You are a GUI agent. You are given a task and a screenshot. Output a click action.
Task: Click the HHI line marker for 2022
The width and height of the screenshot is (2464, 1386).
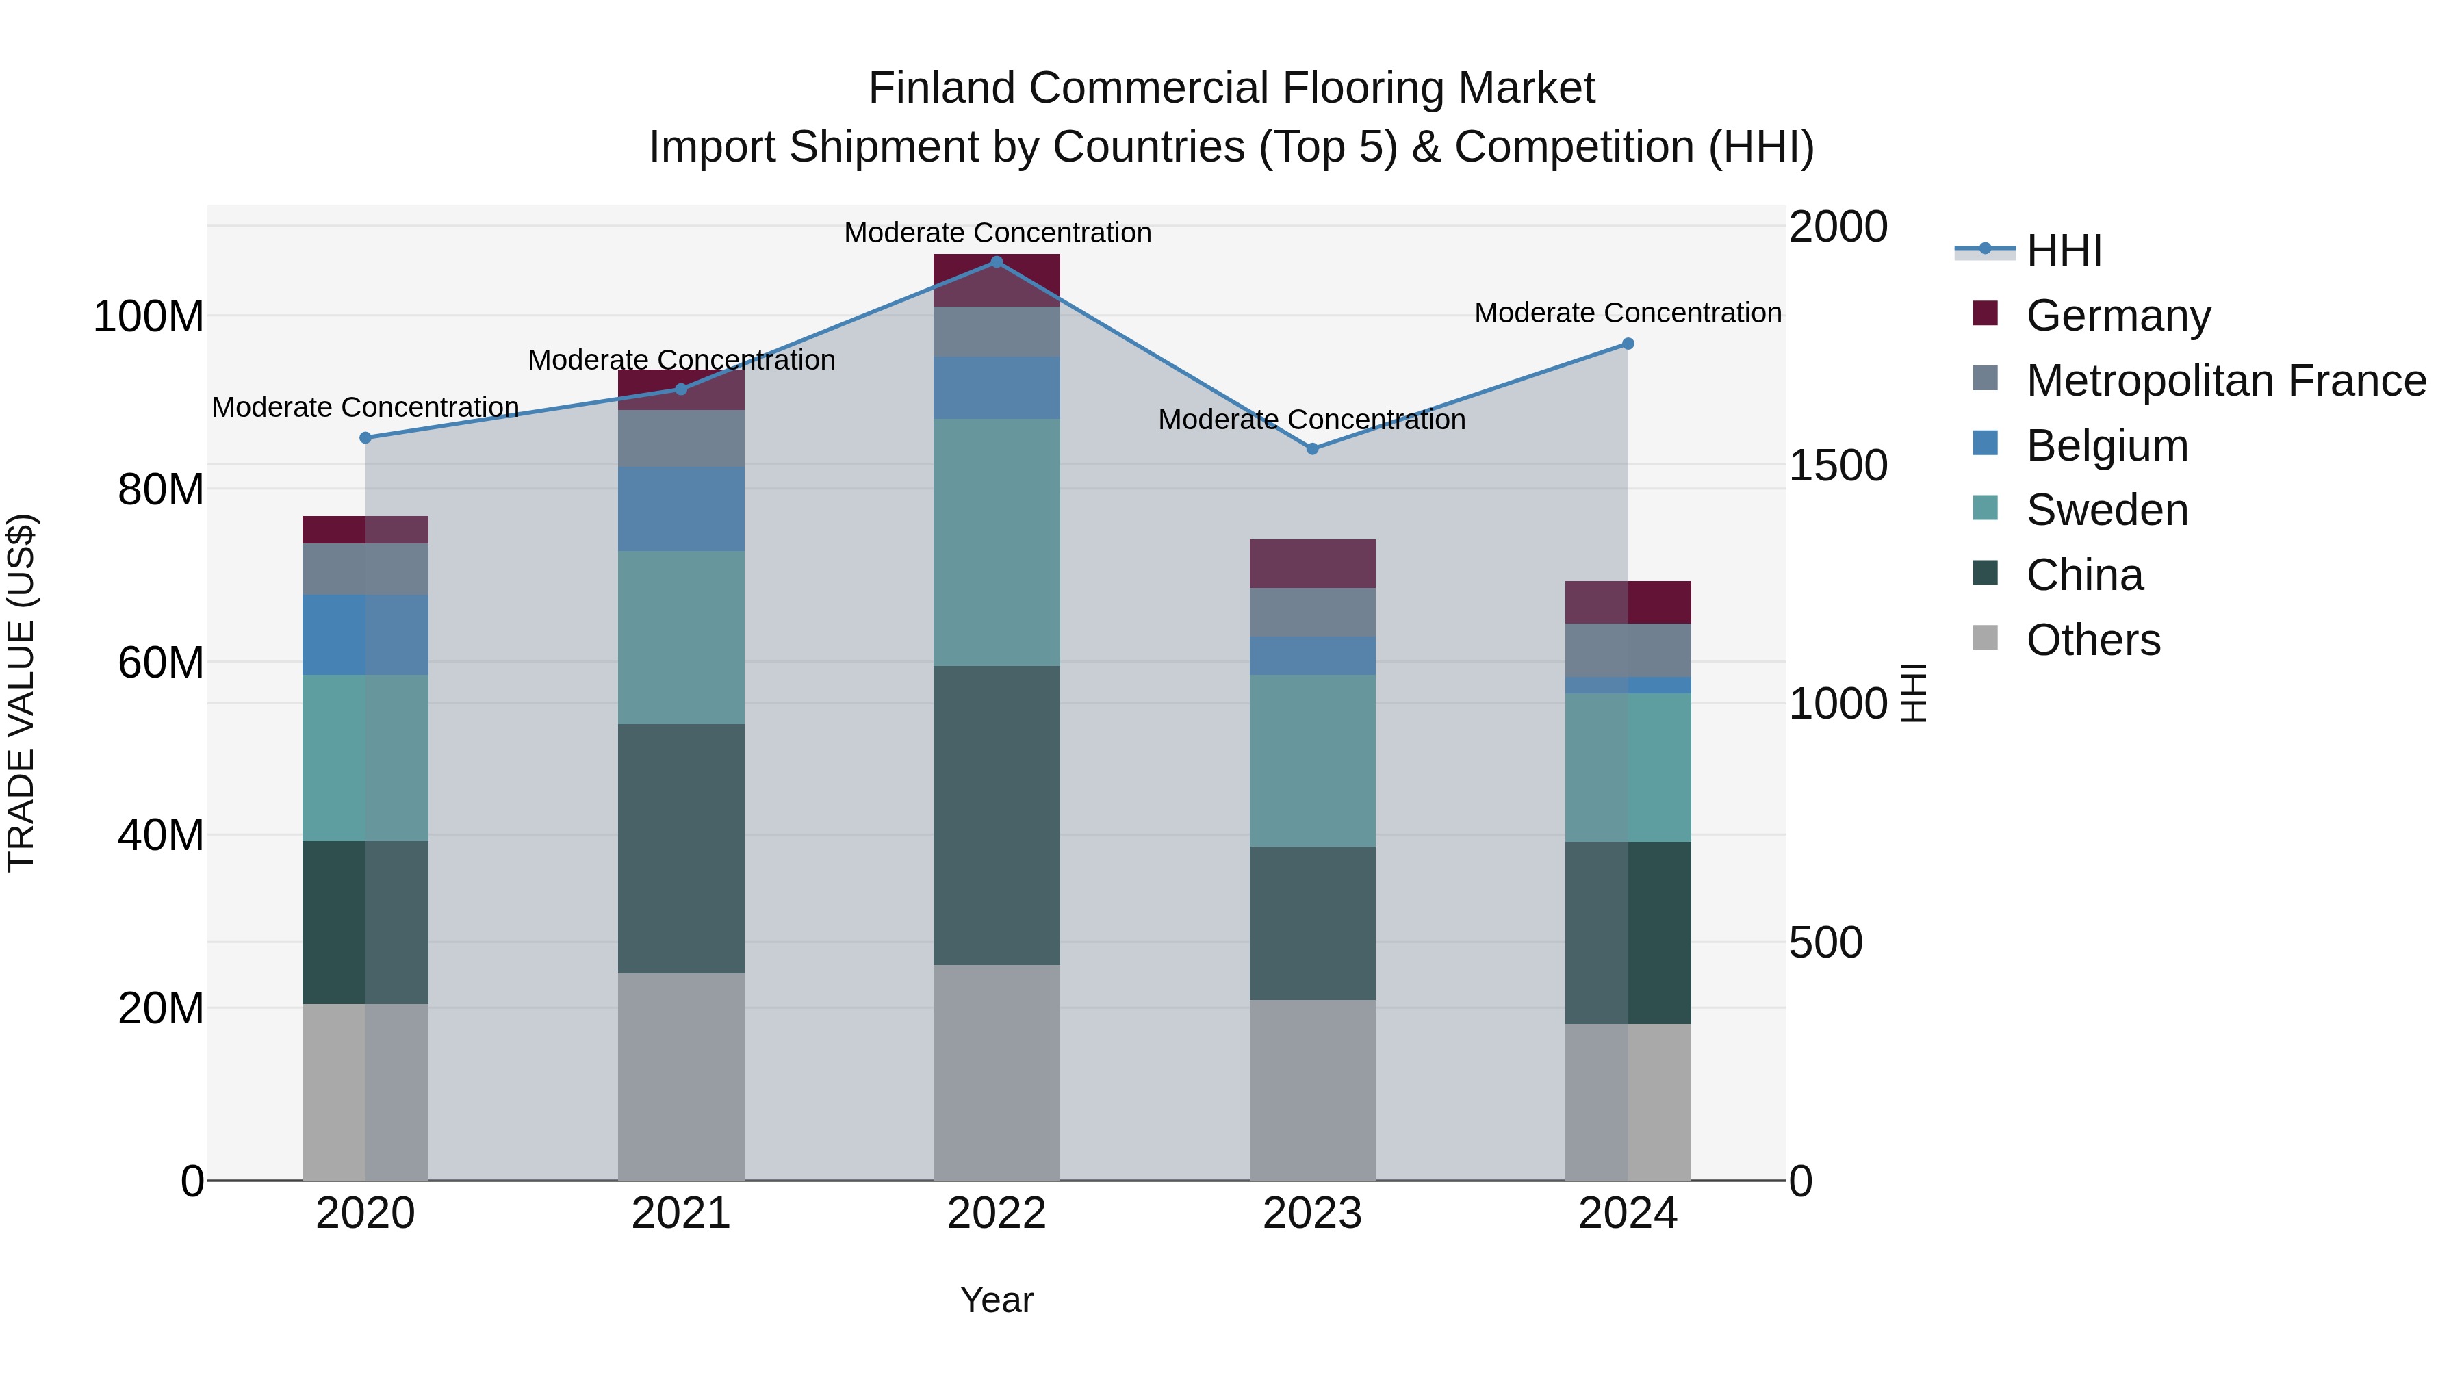[x=996, y=262]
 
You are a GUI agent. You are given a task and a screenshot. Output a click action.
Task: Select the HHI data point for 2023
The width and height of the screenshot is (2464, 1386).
[x=1312, y=448]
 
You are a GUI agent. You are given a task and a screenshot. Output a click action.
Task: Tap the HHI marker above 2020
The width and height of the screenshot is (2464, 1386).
[x=365, y=438]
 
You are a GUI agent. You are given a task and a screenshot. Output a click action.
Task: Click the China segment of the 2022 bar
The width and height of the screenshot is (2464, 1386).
[x=996, y=815]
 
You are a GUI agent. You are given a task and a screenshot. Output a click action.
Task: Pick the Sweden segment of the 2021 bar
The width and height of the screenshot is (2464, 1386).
[x=681, y=637]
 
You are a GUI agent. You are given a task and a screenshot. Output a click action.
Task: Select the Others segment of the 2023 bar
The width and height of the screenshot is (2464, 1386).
[x=1312, y=1090]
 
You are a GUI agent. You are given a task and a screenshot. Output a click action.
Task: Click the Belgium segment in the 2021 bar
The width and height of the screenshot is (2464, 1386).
[x=681, y=509]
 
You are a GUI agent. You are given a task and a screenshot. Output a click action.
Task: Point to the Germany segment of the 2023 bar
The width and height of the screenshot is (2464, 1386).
[x=1312, y=563]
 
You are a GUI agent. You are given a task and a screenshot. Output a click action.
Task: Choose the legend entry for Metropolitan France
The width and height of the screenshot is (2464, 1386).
[x=2225, y=381]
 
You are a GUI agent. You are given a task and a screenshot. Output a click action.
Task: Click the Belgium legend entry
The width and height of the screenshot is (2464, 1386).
[x=2106, y=446]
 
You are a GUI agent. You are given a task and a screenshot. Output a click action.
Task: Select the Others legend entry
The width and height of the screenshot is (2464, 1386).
[x=2093, y=640]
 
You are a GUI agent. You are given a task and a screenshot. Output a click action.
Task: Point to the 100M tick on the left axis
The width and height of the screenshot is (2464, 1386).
[x=149, y=317]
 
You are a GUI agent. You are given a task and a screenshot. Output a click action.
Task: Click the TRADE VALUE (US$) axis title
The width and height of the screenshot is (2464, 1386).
[x=21, y=693]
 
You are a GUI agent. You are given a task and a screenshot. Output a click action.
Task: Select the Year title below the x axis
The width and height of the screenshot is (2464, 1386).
[x=996, y=1300]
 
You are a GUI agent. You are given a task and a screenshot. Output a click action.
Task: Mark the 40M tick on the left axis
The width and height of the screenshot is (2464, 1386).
[x=159, y=835]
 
